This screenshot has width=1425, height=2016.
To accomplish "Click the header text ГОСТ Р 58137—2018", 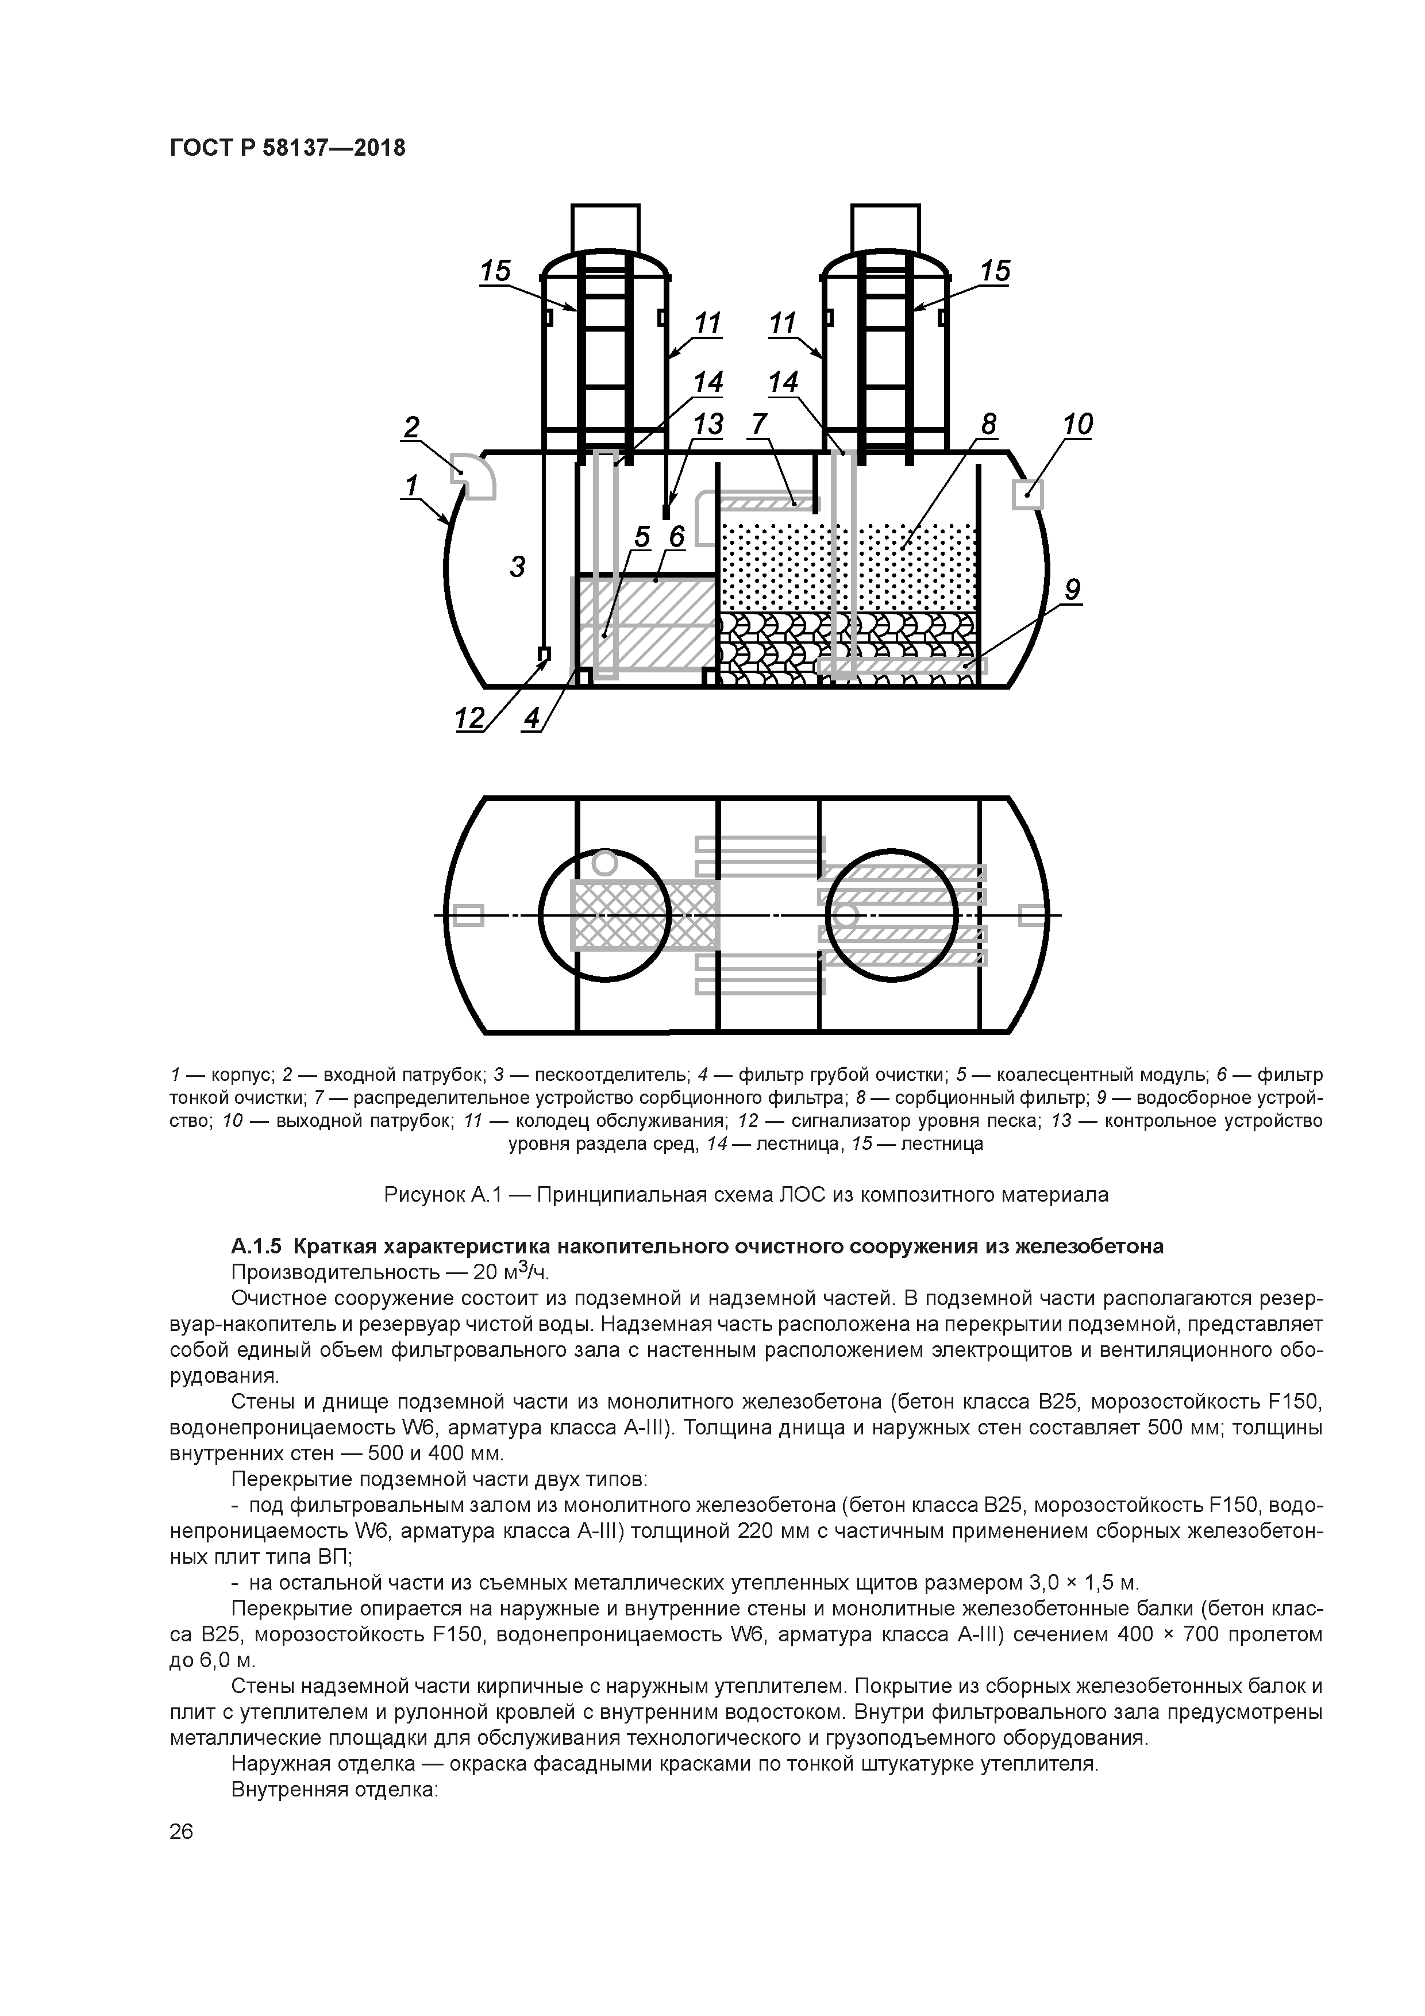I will click(x=287, y=148).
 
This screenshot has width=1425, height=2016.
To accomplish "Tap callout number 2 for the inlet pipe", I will click(x=411, y=428).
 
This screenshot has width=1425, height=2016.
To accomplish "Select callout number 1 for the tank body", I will click(x=410, y=484).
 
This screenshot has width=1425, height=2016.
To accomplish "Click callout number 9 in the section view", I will click(x=1072, y=591).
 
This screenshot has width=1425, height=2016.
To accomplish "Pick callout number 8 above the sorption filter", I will click(x=989, y=425).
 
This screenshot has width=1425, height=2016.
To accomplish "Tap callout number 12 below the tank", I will click(x=469, y=719).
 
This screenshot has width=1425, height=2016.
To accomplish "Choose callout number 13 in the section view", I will click(x=708, y=425).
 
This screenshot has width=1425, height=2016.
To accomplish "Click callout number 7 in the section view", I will click(x=758, y=425).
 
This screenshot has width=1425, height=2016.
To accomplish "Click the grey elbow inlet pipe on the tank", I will click(x=474, y=476).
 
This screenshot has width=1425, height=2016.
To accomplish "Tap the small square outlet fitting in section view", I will click(x=1028, y=494).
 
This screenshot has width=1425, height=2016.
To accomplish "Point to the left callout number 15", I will click(x=495, y=271).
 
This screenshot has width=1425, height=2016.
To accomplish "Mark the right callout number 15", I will click(x=995, y=271).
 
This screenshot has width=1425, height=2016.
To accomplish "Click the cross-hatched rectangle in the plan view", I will click(x=645, y=915).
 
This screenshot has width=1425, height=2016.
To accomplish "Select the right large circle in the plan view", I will click(x=891, y=915).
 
